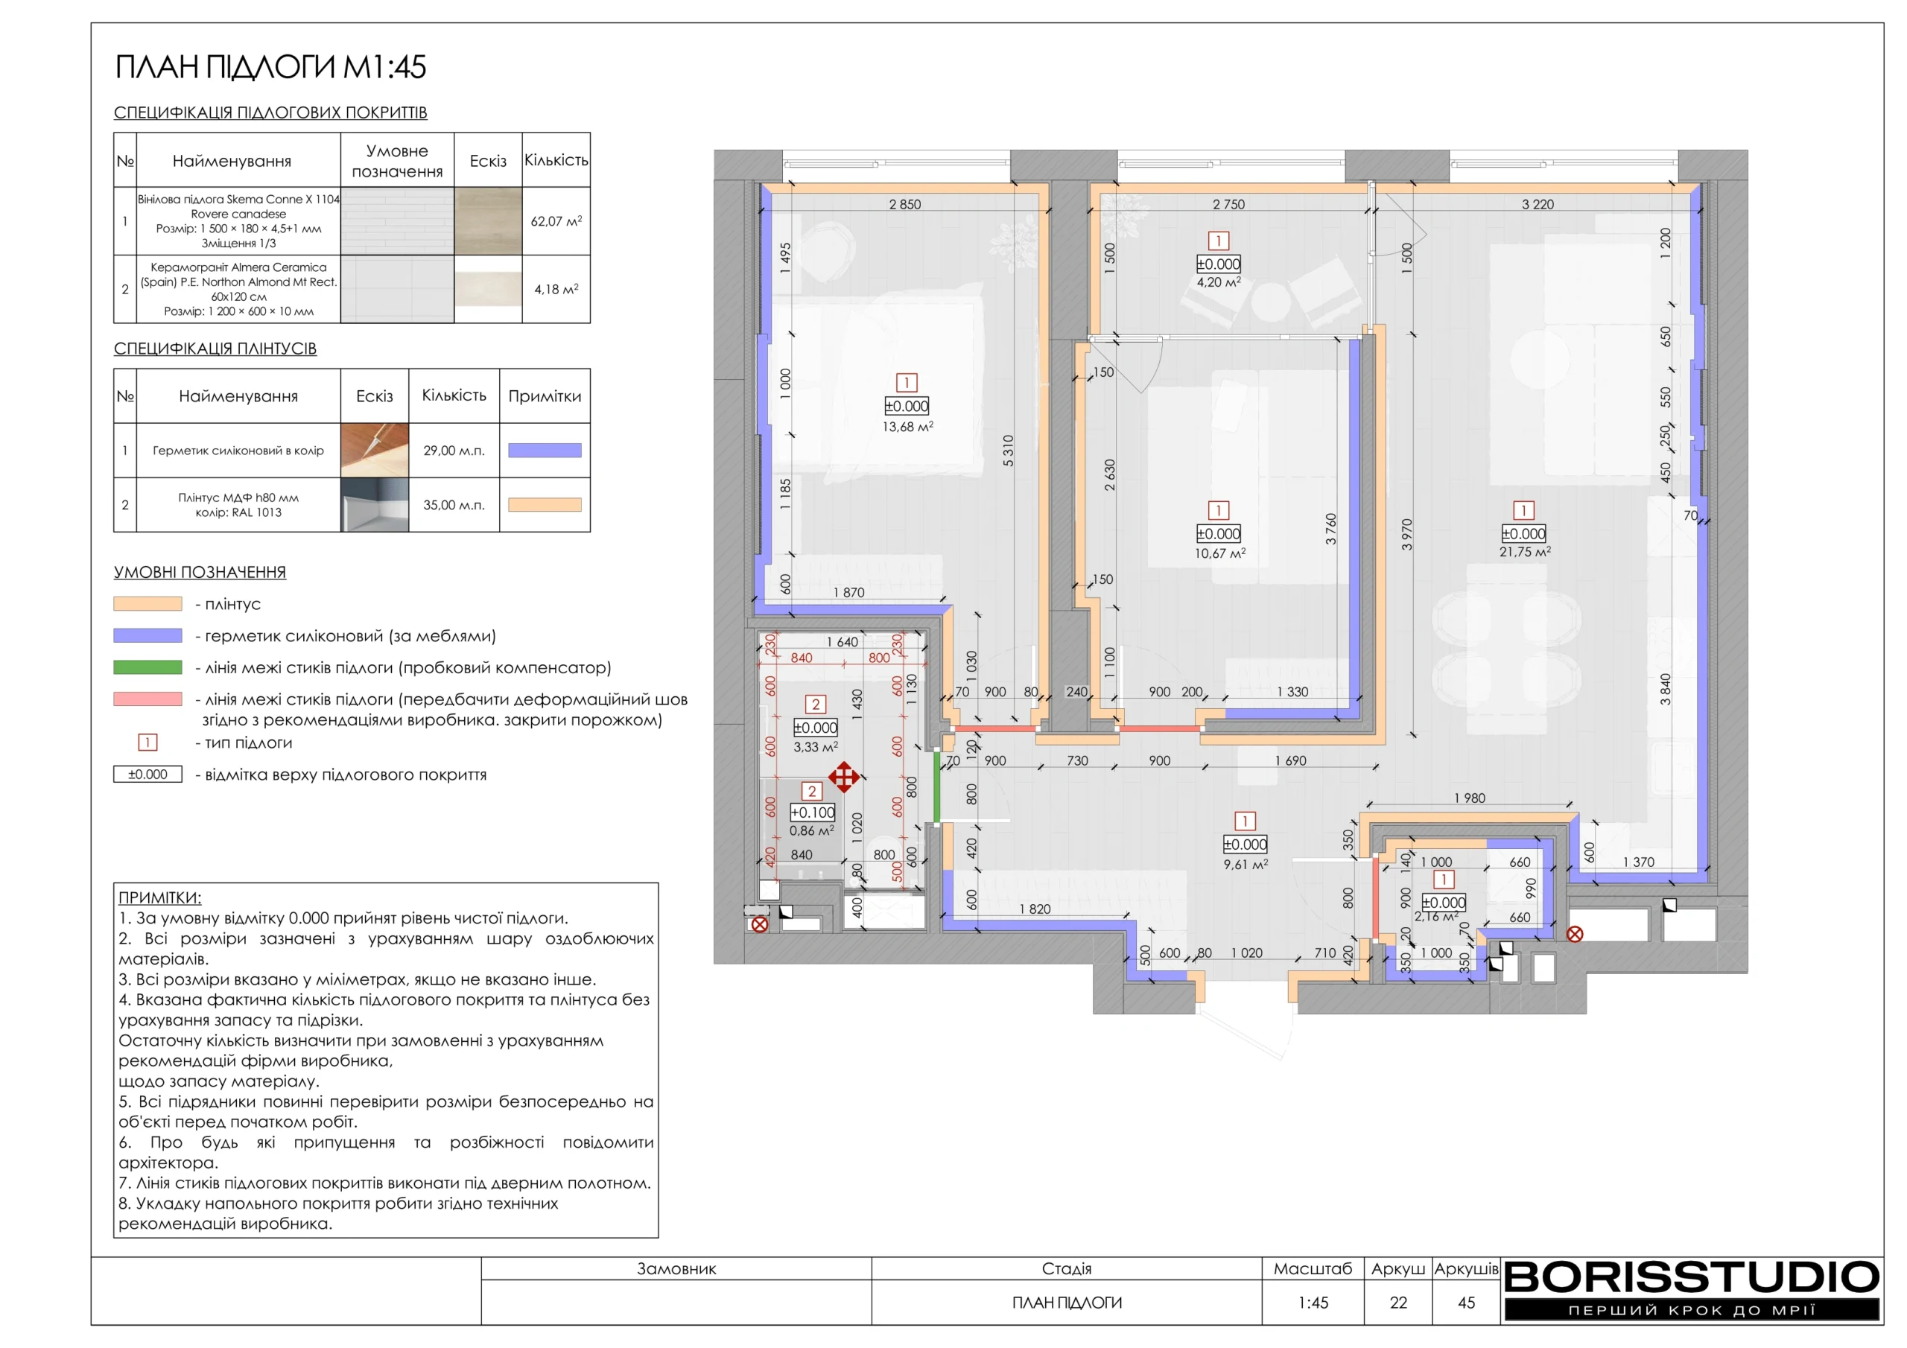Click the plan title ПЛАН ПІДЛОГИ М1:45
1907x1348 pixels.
point(270,67)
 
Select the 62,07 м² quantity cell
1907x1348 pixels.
point(556,221)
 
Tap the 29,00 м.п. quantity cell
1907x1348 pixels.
point(454,450)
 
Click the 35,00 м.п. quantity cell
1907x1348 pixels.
point(454,505)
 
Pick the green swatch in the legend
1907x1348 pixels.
point(147,667)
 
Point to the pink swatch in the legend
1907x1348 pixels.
point(147,699)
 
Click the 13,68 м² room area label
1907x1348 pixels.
point(907,427)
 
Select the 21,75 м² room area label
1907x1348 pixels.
point(1525,552)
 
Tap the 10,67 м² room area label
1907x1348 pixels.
point(1219,553)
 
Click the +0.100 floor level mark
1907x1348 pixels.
point(812,813)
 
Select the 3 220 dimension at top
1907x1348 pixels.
point(1538,204)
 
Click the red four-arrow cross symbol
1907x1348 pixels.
point(844,778)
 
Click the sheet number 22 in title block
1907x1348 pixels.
point(1399,1303)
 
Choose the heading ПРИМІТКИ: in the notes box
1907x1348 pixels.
point(159,898)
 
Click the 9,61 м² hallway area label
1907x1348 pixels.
point(1245,865)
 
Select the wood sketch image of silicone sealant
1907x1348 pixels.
point(375,450)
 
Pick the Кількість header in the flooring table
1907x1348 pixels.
point(556,159)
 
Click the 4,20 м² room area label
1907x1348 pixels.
point(1219,282)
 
